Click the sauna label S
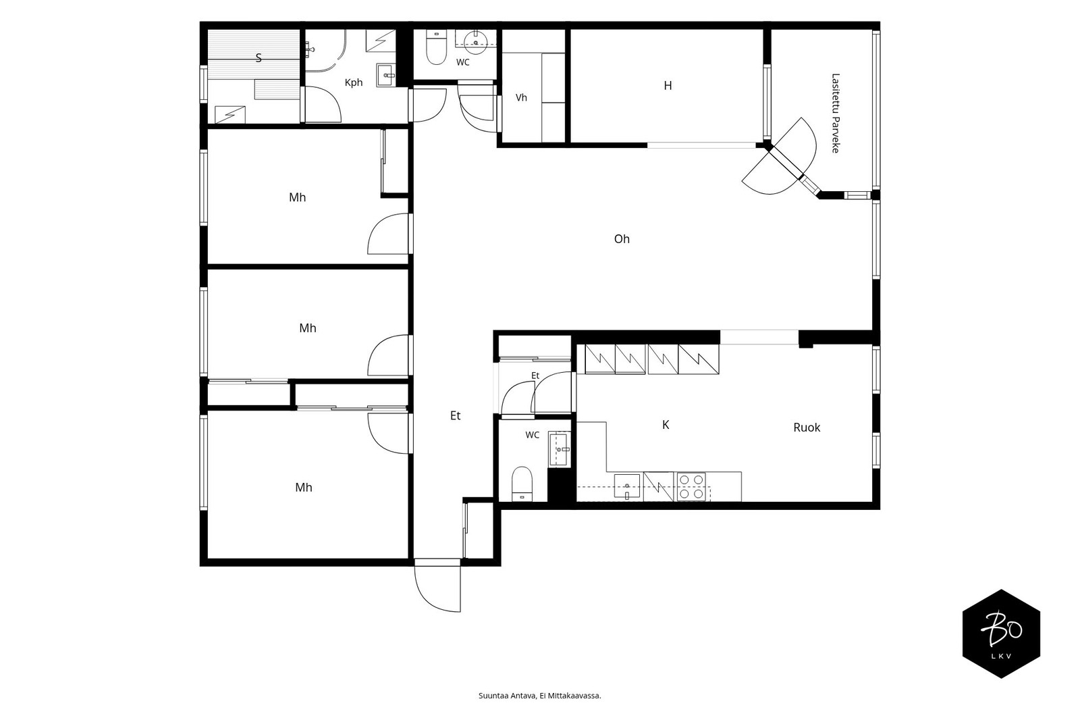pos(259,58)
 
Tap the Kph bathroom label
pos(354,82)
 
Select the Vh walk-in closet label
pos(521,97)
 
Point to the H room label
pos(668,85)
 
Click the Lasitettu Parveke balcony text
pos(836,113)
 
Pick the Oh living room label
pos(622,239)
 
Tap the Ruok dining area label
pos(807,427)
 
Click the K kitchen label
pos(666,425)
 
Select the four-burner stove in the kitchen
pos(691,486)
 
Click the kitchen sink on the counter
pos(627,486)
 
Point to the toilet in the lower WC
pos(522,484)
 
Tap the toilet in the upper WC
pos(436,47)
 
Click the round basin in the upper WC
pos(476,41)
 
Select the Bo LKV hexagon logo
pos(1001,634)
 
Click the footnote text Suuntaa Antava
pos(507,696)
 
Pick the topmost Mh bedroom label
pos(298,197)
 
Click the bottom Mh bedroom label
pos(304,488)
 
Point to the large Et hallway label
pos(455,415)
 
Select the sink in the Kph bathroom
pos(385,75)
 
